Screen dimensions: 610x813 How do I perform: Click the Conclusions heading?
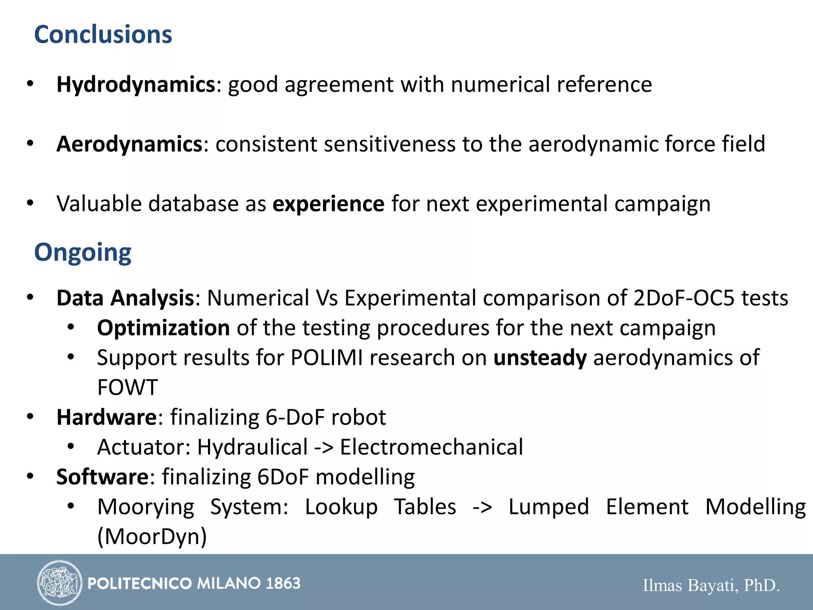click(103, 35)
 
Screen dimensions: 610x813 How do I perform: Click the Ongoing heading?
click(83, 253)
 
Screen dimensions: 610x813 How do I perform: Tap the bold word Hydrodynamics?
click(136, 85)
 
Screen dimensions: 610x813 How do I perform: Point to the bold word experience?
click(328, 204)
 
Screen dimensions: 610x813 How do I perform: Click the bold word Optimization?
click(163, 328)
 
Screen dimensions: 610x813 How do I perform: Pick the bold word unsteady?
click(540, 358)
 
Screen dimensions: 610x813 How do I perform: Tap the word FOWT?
click(127, 388)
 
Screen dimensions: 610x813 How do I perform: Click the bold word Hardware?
click(107, 417)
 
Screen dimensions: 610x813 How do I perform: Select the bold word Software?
click(102, 477)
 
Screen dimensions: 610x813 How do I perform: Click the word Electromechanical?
click(432, 447)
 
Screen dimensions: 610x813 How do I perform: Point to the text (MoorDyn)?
click(152, 537)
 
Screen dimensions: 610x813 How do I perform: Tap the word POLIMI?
click(326, 358)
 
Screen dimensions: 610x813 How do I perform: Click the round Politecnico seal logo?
click(60, 583)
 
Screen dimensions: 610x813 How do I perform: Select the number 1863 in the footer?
click(283, 583)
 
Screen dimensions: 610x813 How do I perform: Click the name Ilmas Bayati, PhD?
click(711, 585)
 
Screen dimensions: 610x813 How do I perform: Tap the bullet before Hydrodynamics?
click(30, 84)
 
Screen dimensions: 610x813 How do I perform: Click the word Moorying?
click(146, 507)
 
